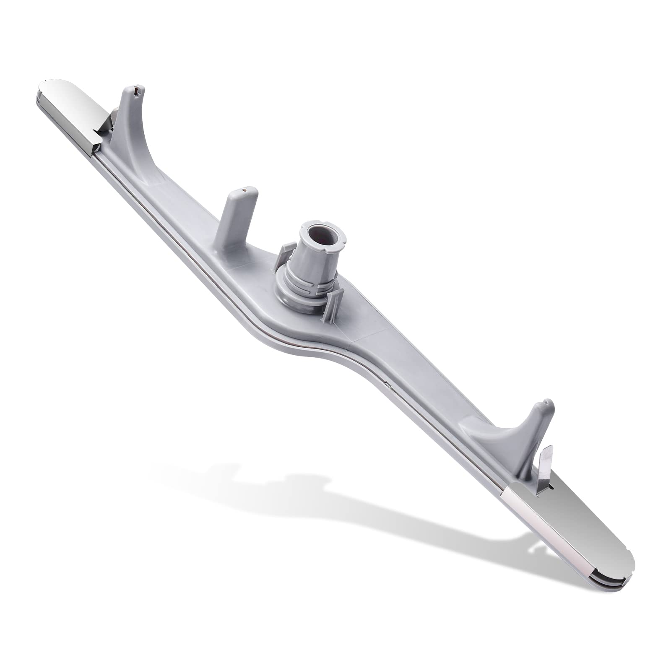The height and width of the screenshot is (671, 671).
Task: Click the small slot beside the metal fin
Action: click(x=553, y=488)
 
